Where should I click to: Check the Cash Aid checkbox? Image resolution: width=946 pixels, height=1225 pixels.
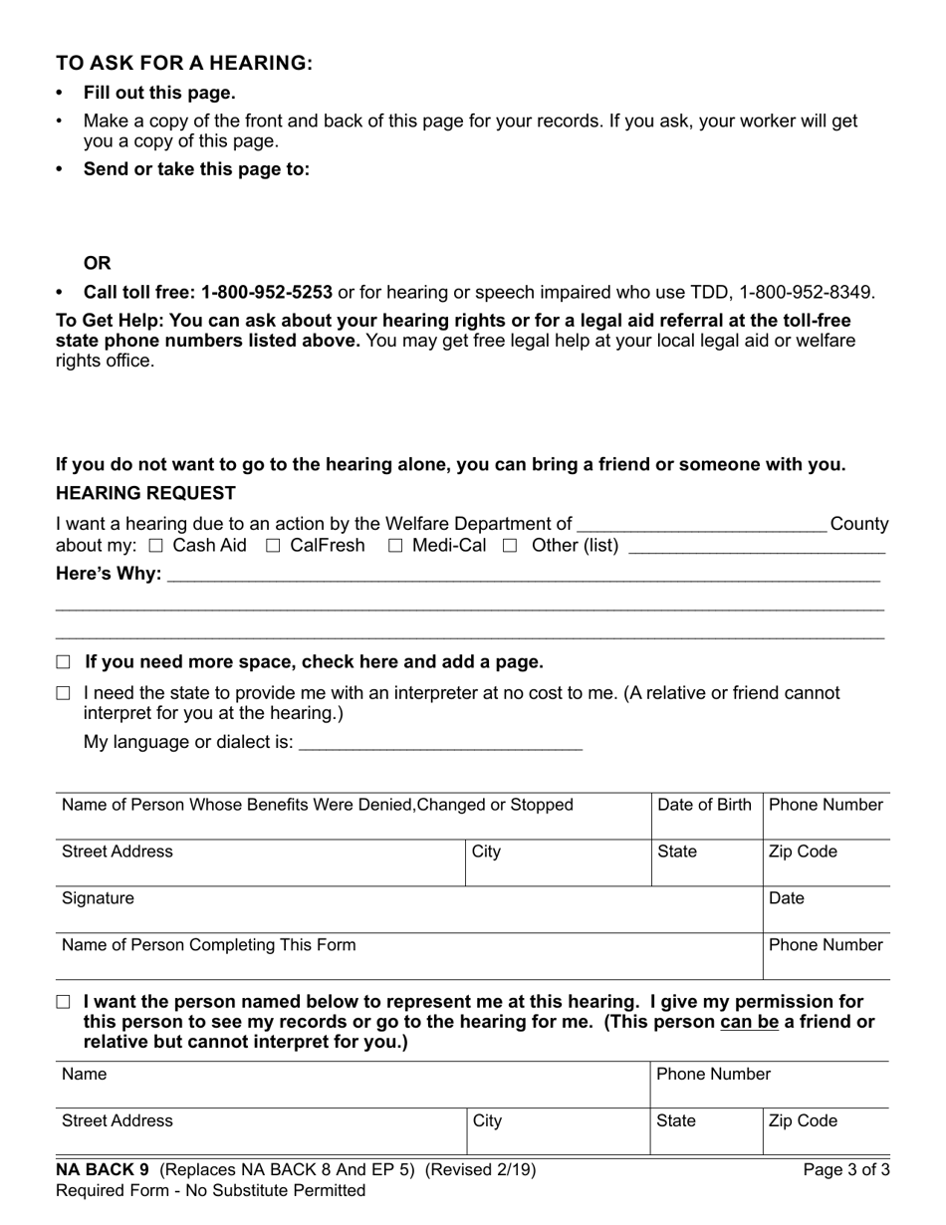[x=155, y=546]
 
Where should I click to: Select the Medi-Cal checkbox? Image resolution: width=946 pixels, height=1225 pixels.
[x=395, y=546]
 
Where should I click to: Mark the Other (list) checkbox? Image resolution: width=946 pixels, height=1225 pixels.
[x=511, y=546]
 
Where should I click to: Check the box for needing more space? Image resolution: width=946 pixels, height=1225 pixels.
[x=64, y=662]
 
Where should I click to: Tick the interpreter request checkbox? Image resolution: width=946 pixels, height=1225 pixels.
[x=64, y=693]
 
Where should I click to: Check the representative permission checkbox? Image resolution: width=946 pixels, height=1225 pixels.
[x=64, y=1002]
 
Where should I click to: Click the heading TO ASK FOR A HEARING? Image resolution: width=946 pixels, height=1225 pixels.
[x=184, y=64]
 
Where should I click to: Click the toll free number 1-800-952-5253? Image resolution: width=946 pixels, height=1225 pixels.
[x=266, y=293]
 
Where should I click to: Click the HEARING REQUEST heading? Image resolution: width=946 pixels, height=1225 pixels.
[x=145, y=493]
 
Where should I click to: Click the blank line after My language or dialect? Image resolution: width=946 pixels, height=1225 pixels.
[x=440, y=743]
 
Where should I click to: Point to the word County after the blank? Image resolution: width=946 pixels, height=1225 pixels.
[x=858, y=524]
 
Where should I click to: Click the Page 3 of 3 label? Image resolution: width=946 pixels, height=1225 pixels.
[x=846, y=1170]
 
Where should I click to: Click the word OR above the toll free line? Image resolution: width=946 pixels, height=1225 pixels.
[x=98, y=263]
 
